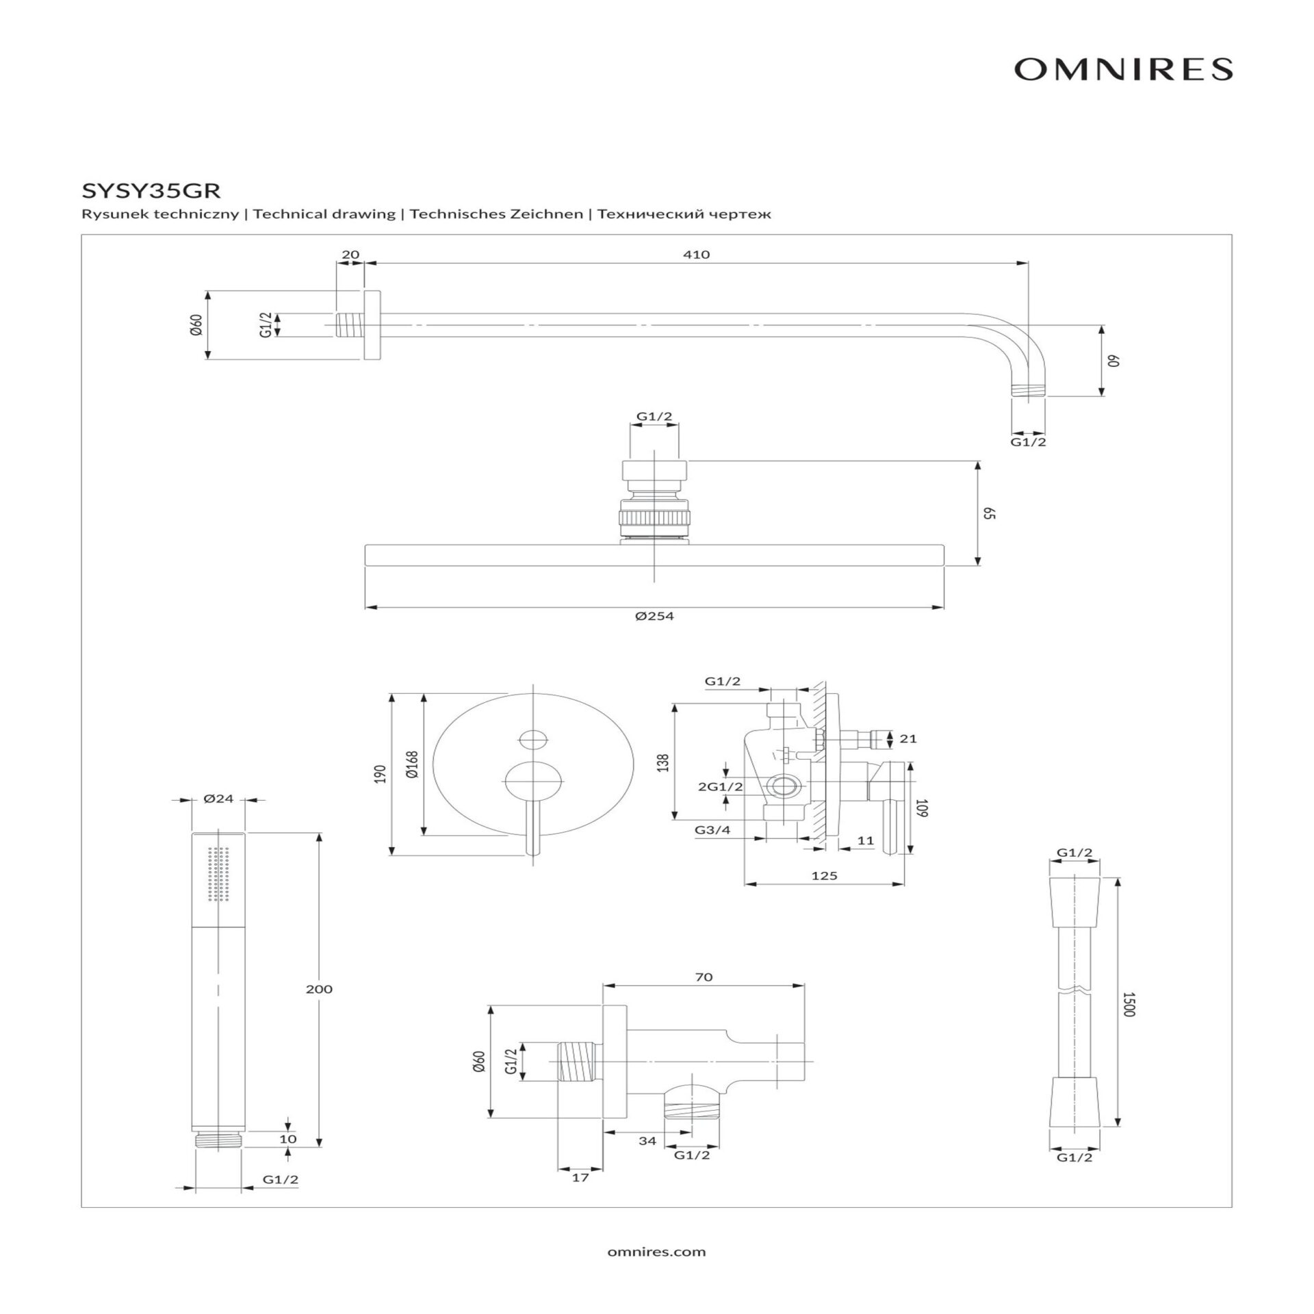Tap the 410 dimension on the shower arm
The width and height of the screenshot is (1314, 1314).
696,255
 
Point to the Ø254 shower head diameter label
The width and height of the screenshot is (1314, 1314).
654,616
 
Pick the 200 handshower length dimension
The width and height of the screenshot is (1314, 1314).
320,989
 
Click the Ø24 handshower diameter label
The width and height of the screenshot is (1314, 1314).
219,798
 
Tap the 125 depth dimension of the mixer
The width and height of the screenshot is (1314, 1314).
824,875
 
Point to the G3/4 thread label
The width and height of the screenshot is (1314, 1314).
712,829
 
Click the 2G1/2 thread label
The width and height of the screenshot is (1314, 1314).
720,786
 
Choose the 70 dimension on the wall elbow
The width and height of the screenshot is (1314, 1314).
704,977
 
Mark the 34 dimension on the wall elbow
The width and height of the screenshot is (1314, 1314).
647,1140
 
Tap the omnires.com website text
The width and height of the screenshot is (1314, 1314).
656,1252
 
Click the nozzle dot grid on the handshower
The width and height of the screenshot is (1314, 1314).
219,874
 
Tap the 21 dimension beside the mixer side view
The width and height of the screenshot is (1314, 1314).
908,738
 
